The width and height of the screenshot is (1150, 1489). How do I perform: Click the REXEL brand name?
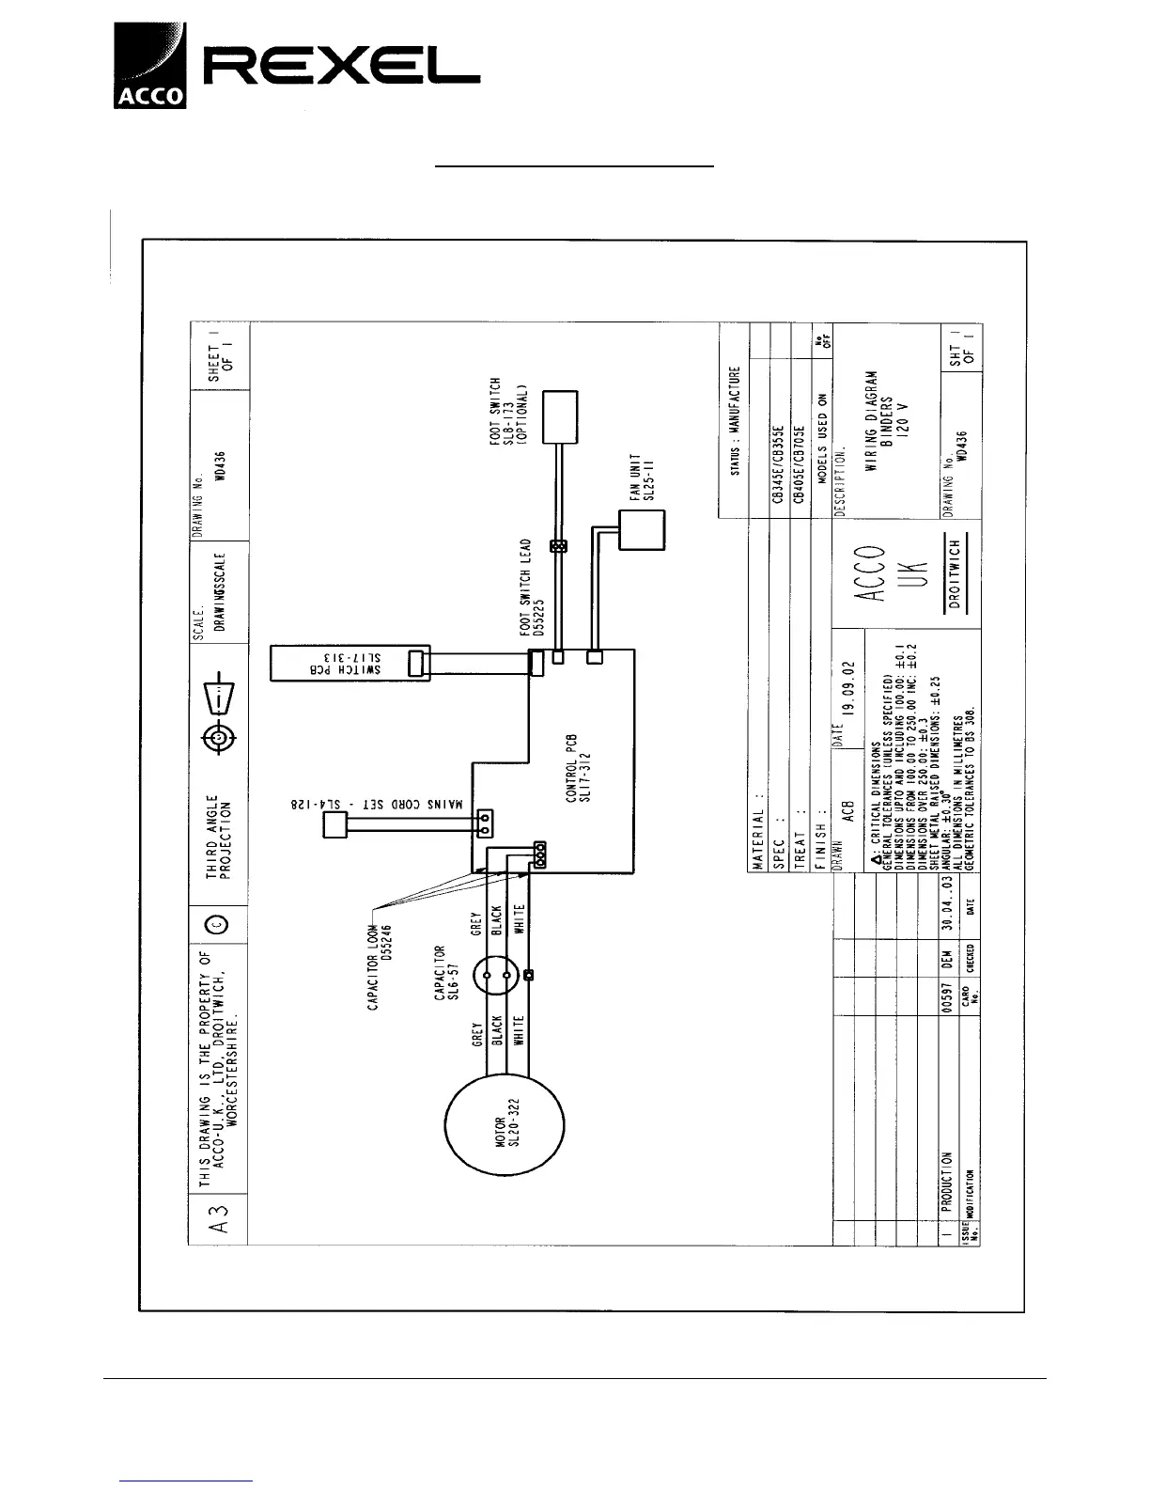coord(343,67)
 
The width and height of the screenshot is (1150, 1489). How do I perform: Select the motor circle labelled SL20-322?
coord(505,1126)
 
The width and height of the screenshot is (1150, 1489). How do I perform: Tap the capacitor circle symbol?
coord(497,978)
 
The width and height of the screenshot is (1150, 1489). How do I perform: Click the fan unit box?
coord(642,532)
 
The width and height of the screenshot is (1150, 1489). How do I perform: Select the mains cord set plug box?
coord(335,825)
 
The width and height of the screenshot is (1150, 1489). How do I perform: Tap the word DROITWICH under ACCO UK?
coord(955,574)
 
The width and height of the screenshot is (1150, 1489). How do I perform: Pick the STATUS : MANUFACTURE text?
coord(736,420)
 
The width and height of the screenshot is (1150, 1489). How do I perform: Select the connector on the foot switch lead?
coord(558,545)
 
